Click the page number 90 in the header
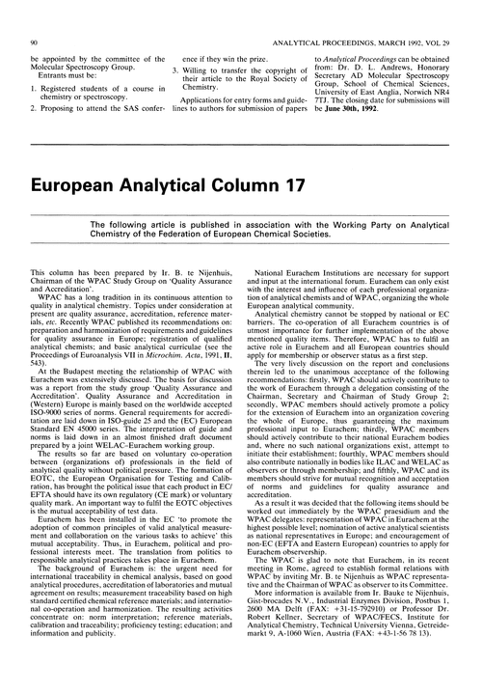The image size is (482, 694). pyautogui.click(x=35, y=16)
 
